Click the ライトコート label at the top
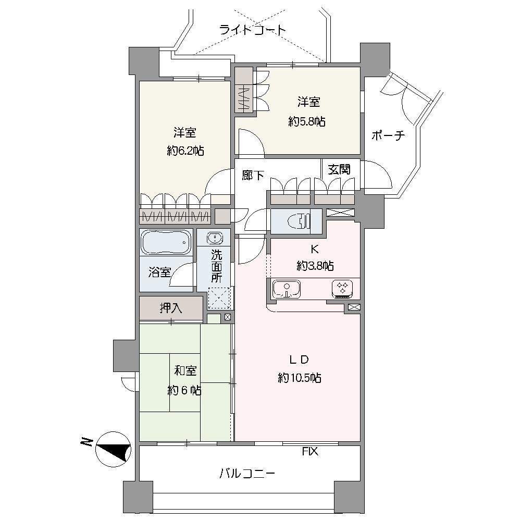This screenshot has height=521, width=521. click(253, 30)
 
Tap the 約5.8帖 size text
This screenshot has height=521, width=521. click(307, 122)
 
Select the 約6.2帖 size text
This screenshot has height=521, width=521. click(185, 152)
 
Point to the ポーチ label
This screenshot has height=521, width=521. click(388, 135)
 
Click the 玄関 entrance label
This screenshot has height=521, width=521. click(339, 170)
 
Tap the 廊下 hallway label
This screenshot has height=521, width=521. click(253, 175)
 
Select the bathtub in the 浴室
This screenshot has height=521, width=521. click(166, 243)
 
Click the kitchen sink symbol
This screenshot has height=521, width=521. click(287, 289)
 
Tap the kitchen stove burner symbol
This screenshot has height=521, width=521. click(342, 289)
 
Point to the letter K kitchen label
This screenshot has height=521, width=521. click(314, 249)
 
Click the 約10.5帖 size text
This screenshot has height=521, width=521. click(300, 378)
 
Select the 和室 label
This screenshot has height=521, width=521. click(185, 370)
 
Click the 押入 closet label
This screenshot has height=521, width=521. click(171, 308)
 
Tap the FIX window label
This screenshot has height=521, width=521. click(310, 451)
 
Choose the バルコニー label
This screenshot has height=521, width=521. click(247, 473)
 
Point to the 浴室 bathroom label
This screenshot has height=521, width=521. click(159, 272)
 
